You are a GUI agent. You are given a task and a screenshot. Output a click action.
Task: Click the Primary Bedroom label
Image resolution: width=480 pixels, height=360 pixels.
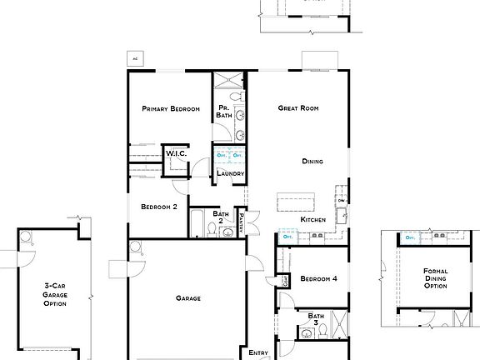coord(170,108)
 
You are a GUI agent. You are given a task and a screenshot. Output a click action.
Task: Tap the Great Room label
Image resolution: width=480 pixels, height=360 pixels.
coord(299,108)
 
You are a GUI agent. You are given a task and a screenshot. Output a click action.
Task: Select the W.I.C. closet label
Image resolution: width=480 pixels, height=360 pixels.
coord(175,153)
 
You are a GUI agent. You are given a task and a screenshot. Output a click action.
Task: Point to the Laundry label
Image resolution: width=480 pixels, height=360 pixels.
coord(230,173)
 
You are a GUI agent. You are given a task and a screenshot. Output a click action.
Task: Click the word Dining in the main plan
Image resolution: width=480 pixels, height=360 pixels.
coord(312,162)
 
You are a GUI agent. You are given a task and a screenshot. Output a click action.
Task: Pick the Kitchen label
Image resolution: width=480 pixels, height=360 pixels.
coord(313,219)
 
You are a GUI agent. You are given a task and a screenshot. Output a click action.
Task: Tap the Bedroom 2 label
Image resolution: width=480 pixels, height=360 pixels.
coord(158,207)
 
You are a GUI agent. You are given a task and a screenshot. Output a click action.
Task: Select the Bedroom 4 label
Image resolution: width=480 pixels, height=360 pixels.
coord(318,278)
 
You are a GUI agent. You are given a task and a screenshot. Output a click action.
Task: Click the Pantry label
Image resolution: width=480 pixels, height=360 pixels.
coord(241,222)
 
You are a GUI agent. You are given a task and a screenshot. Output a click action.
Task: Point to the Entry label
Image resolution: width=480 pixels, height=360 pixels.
coord(258,353)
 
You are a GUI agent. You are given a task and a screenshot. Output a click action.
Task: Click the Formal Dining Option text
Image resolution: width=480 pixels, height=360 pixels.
coord(435,278)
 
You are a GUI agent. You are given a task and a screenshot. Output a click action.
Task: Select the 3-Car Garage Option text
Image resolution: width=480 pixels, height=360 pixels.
coord(55,293)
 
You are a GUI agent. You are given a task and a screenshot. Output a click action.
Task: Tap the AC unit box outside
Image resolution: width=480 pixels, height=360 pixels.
coord(134,58)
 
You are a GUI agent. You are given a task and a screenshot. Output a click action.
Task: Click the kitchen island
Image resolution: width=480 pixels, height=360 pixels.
coord(297,202)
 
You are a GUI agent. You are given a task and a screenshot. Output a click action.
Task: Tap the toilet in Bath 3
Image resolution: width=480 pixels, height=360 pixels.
coord(307,334)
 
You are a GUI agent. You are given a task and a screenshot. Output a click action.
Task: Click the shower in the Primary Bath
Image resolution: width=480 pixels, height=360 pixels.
coord(228,81)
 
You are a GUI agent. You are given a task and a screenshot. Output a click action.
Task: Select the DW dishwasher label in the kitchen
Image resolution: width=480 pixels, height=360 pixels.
coord(341,201)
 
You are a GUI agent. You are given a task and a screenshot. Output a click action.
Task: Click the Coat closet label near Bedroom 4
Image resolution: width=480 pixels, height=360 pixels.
coord(284,279)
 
